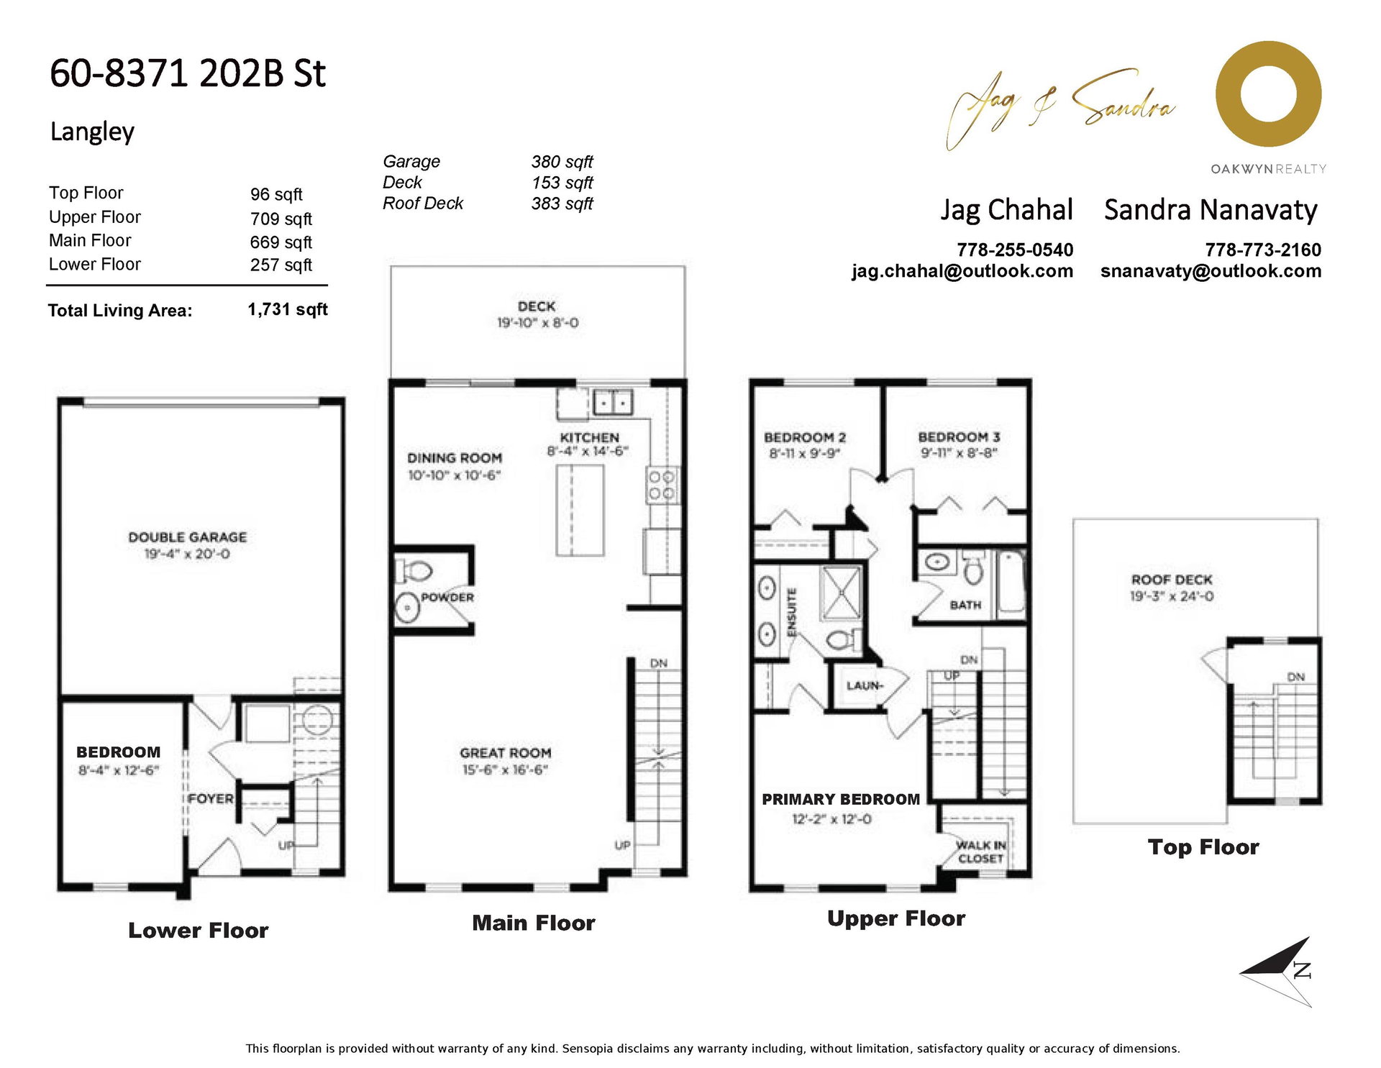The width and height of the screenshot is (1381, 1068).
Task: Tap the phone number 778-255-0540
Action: pos(1014,250)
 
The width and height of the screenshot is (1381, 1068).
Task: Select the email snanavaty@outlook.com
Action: pos(1211,271)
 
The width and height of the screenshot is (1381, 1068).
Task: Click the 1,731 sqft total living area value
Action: pos(288,309)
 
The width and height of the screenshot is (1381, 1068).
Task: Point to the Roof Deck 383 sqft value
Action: pos(562,204)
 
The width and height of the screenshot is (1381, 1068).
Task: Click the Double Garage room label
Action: pos(187,537)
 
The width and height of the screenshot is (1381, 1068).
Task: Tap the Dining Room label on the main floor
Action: pos(455,458)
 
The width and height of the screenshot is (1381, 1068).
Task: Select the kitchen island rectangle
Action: pos(580,510)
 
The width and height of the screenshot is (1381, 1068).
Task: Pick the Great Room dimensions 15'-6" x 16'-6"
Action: pos(505,770)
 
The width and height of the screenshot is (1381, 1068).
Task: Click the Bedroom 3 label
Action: pos(959,437)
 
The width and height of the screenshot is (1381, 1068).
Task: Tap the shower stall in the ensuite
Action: pos(841,593)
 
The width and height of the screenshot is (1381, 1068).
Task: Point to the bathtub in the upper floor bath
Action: pos(1011,581)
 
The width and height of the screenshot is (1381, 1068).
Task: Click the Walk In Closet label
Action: pos(981,852)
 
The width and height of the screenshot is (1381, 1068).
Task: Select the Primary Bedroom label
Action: pos(841,800)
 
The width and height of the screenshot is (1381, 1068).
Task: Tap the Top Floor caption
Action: pos(1203,847)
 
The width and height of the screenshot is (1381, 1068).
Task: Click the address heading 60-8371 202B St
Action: pos(188,73)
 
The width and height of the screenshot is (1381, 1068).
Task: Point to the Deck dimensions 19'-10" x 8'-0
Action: pos(537,323)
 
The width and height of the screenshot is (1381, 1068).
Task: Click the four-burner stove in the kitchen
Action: pos(662,485)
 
